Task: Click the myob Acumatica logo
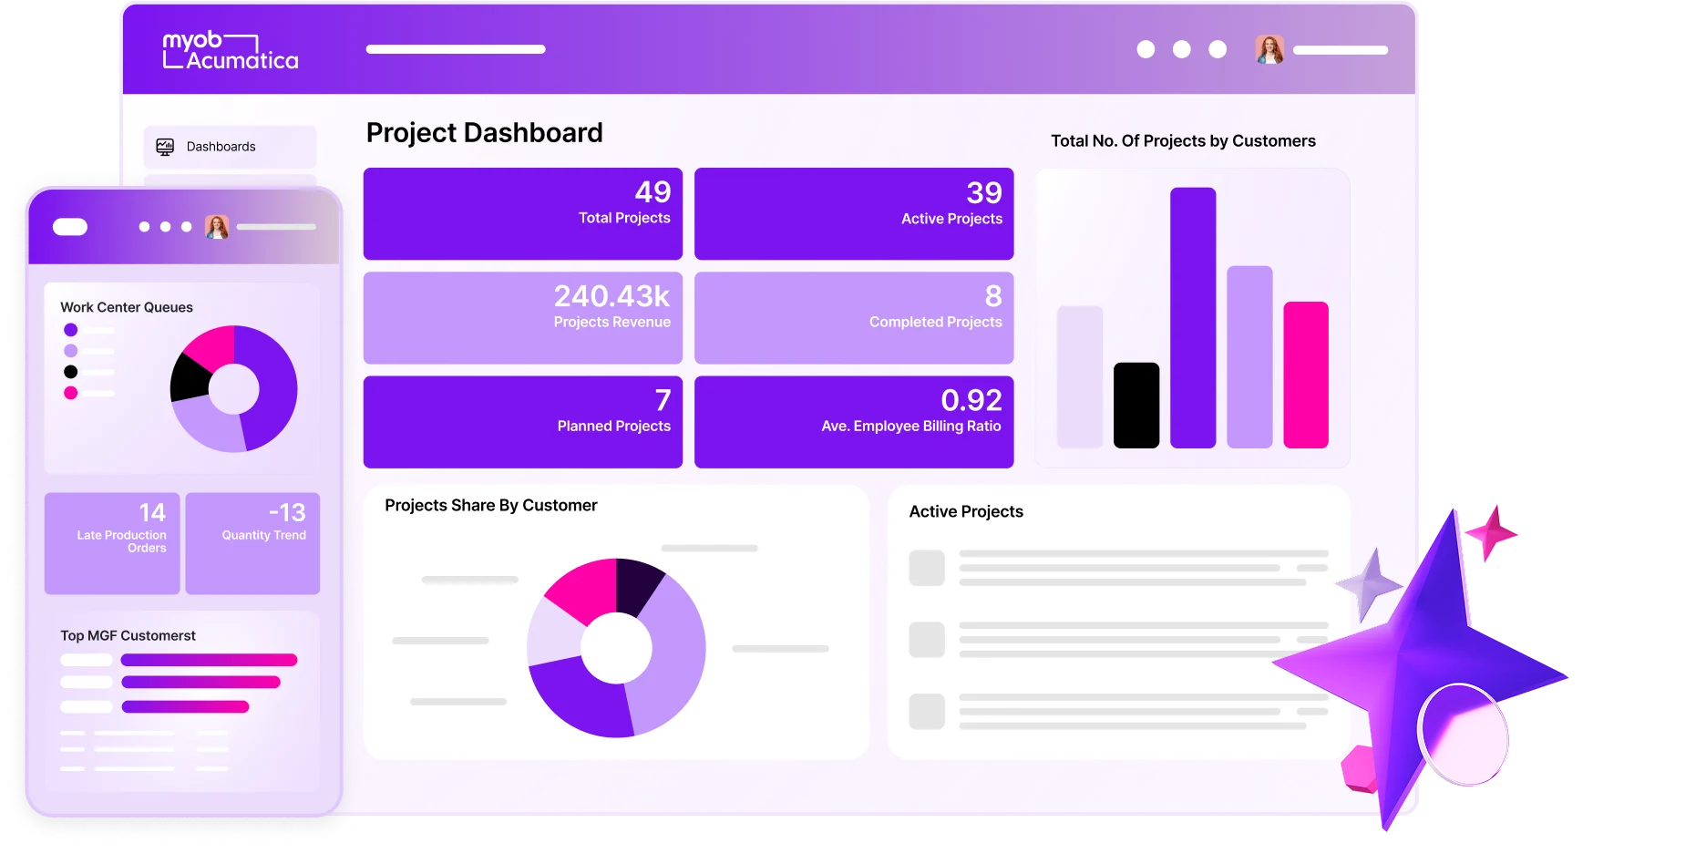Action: (x=230, y=51)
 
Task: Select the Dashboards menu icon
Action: (x=165, y=147)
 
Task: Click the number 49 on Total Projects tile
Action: (x=653, y=192)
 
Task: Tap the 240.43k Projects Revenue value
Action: (x=611, y=296)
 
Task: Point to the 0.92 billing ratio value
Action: (x=971, y=400)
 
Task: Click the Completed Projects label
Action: (x=935, y=323)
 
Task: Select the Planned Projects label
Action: (x=613, y=427)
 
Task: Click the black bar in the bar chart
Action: (x=1136, y=406)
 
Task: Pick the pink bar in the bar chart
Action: (x=1305, y=375)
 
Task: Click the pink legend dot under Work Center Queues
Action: (x=71, y=393)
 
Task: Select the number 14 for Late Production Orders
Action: (x=152, y=513)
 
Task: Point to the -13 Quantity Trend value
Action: (x=287, y=513)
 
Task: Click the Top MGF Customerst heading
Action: (x=128, y=636)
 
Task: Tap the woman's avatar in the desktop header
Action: (x=1269, y=50)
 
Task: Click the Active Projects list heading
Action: (x=966, y=512)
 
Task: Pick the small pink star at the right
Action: (x=1490, y=532)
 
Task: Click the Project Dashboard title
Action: (x=484, y=133)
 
